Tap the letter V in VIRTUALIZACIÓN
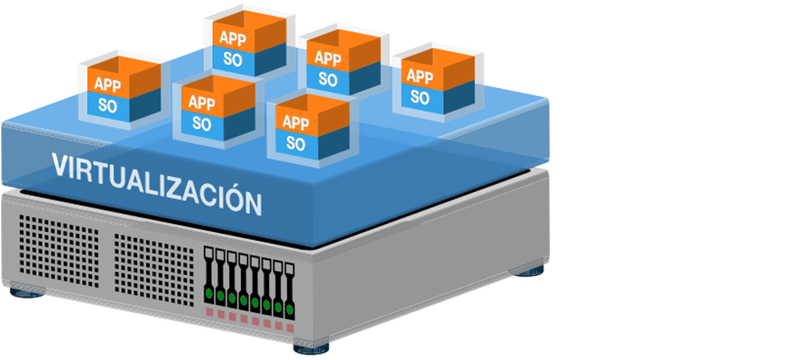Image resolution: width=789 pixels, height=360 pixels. (x=59, y=165)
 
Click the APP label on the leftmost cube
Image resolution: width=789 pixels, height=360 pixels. (x=108, y=84)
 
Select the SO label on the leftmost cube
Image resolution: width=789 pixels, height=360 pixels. (x=108, y=106)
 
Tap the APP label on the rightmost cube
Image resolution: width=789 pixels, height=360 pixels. (x=420, y=76)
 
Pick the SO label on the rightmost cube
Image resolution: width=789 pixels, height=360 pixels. (x=420, y=97)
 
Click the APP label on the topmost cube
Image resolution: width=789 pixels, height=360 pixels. (x=233, y=38)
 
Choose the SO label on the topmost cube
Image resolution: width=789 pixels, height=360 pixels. (x=233, y=59)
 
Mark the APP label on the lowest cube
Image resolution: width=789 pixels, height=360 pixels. (x=296, y=122)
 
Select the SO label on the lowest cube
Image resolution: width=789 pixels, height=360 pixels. (x=296, y=143)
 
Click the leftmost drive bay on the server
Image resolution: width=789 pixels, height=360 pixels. (x=209, y=279)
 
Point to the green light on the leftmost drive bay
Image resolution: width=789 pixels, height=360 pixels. (x=209, y=292)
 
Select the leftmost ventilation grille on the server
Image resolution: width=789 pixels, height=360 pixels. (x=59, y=250)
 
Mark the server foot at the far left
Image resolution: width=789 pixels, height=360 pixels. (x=27, y=291)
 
